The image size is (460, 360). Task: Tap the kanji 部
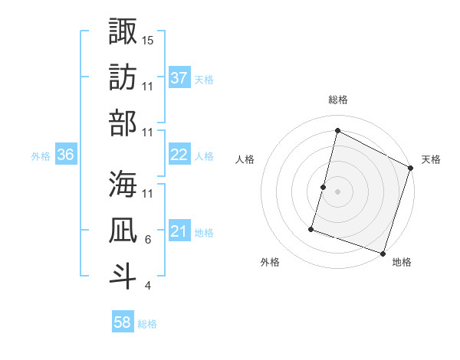click(x=123, y=123)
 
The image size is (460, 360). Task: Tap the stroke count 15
click(x=149, y=39)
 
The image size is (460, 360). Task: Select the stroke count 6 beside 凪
click(x=148, y=240)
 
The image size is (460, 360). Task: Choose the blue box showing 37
click(x=179, y=77)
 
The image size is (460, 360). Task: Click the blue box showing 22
click(x=179, y=155)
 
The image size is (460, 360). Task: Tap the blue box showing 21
click(x=179, y=231)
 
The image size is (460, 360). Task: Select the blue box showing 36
click(x=66, y=155)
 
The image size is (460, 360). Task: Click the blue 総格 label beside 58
click(x=147, y=324)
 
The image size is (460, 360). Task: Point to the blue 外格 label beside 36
click(x=41, y=155)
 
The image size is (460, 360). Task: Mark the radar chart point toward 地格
click(x=382, y=253)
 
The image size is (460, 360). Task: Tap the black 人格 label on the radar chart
click(x=245, y=159)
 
